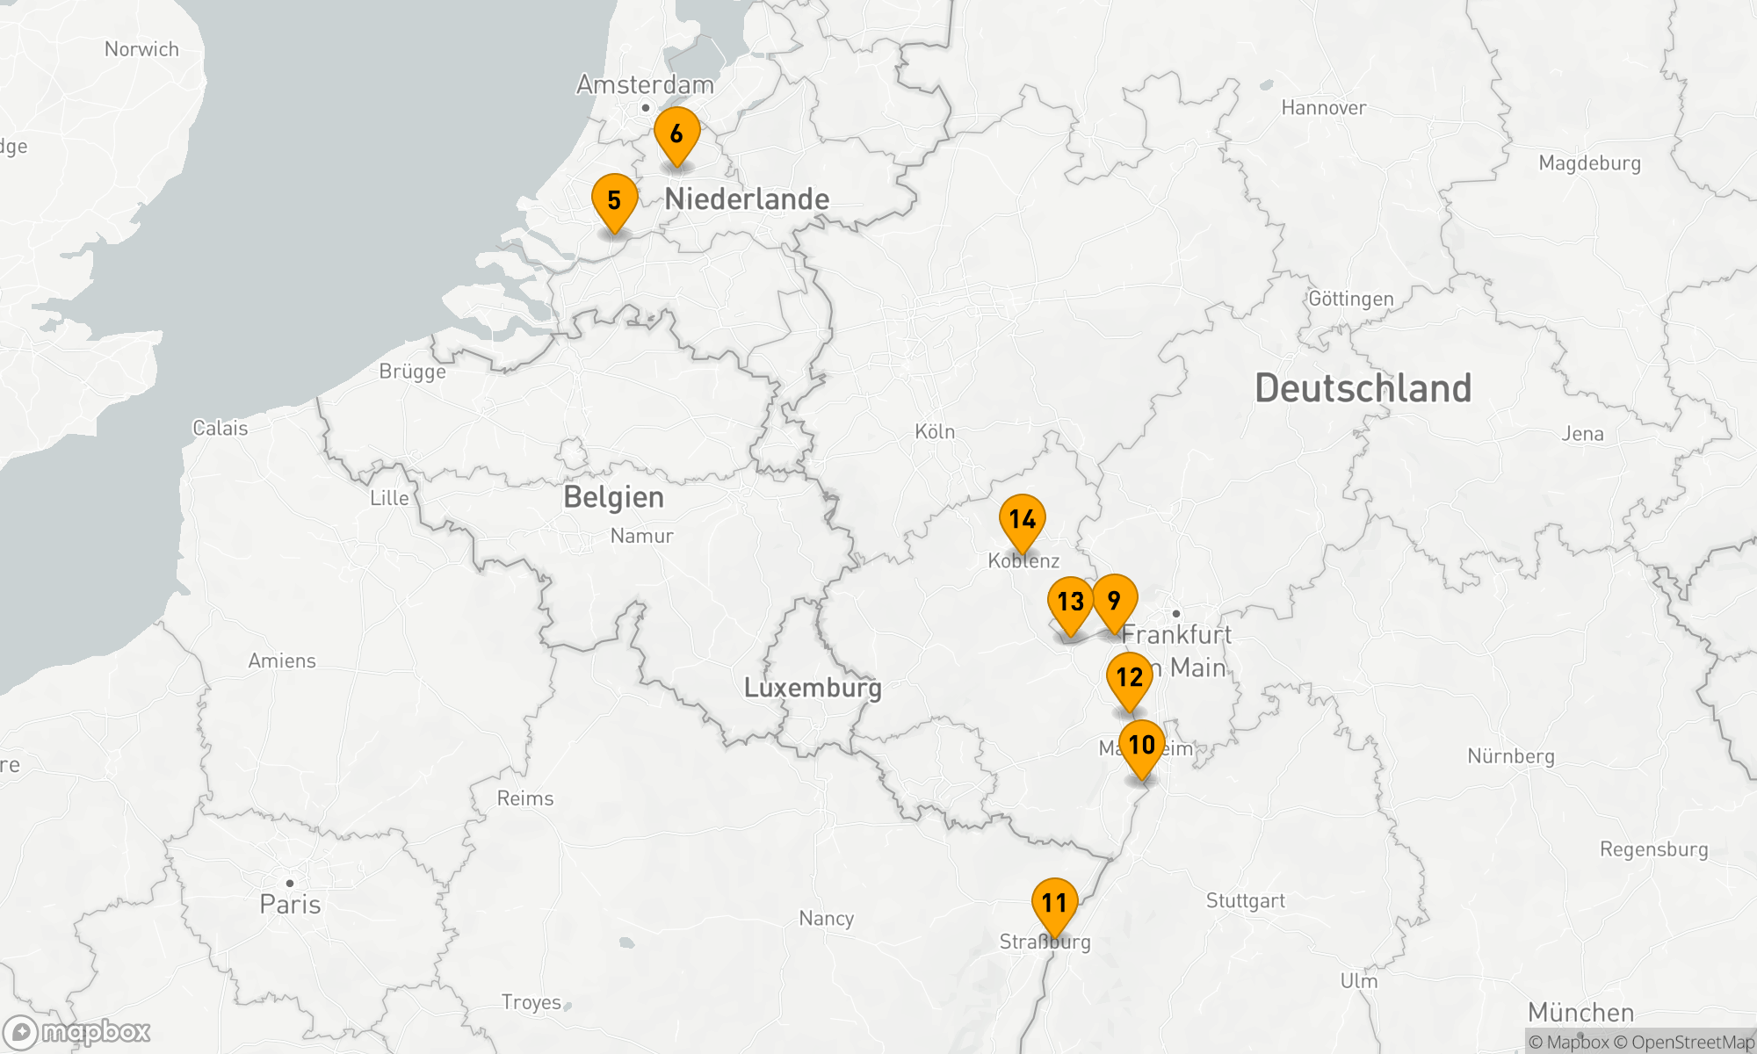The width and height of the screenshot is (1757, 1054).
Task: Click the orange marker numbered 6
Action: click(x=676, y=134)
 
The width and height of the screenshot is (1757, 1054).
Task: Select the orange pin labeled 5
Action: click(x=614, y=201)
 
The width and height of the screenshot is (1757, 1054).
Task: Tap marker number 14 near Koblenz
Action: click(x=1022, y=520)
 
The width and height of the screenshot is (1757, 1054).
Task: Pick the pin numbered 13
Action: click(x=1070, y=603)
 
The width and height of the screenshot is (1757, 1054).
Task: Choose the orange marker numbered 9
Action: click(x=1114, y=601)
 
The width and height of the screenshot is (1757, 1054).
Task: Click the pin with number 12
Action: click(x=1129, y=677)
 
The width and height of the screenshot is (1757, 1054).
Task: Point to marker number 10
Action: click(x=1141, y=746)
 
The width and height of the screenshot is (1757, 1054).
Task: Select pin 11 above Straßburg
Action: click(x=1054, y=903)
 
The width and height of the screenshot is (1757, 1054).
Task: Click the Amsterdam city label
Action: click(x=645, y=85)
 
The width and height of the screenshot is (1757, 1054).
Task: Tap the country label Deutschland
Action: click(x=1363, y=388)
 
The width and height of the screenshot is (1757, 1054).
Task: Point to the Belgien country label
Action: click(x=613, y=497)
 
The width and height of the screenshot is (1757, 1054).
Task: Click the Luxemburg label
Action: click(x=813, y=688)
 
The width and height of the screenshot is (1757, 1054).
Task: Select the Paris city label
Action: click(x=290, y=905)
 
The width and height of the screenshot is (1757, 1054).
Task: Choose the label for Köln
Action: click(x=935, y=432)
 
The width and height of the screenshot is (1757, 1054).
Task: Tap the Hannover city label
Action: click(x=1323, y=108)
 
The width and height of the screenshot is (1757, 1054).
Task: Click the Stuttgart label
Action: click(x=1245, y=901)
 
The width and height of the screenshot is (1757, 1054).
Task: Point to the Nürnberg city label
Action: click(x=1510, y=756)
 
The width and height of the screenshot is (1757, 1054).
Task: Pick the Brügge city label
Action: click(x=412, y=372)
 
